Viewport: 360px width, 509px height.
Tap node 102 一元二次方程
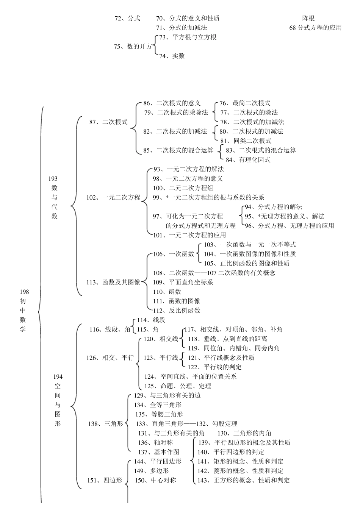(x=113, y=197)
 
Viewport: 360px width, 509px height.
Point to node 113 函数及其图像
(x=113, y=282)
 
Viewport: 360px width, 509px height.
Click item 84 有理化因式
(x=248, y=160)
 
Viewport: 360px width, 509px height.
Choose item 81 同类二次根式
(x=246, y=141)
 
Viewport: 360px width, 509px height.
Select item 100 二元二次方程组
(x=183, y=188)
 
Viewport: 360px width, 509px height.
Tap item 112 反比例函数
(x=177, y=311)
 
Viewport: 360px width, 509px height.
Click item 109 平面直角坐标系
(x=183, y=282)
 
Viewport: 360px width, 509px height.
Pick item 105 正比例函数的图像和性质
(x=247, y=263)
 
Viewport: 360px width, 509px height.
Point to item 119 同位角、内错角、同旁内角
(x=234, y=348)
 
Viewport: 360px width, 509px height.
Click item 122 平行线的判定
(x=215, y=367)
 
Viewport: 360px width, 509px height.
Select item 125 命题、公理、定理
(x=178, y=386)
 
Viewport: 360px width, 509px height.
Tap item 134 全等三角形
(x=158, y=405)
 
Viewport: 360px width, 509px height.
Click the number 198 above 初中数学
(x=24, y=292)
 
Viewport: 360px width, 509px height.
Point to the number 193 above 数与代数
(x=53, y=178)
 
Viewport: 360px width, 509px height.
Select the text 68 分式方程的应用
(x=315, y=28)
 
